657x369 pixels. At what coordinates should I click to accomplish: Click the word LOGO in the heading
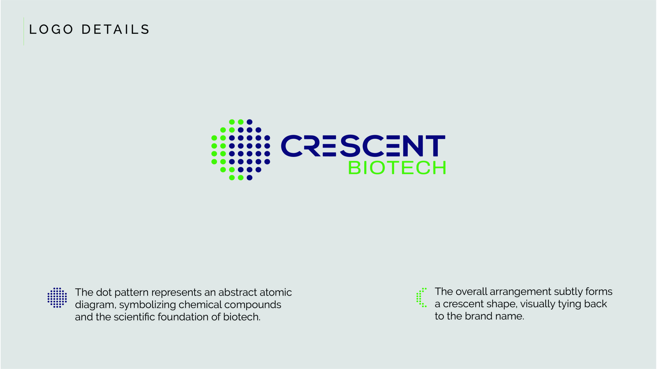pos(51,29)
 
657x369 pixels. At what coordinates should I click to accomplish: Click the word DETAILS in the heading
pos(115,29)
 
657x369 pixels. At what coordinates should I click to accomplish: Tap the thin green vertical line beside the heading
pos(24,31)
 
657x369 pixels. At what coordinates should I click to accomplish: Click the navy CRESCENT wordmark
pos(363,146)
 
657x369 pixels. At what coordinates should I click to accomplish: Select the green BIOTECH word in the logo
pos(397,168)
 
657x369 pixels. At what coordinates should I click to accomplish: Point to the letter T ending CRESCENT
pos(435,146)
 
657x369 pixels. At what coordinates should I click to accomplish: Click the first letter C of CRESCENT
pos(292,146)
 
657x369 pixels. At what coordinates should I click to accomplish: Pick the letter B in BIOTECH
pos(354,168)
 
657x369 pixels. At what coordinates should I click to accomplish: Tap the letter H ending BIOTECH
pos(439,168)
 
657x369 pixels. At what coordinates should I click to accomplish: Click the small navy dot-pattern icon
pos(57,298)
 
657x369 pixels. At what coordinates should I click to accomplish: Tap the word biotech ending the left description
pos(242,317)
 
